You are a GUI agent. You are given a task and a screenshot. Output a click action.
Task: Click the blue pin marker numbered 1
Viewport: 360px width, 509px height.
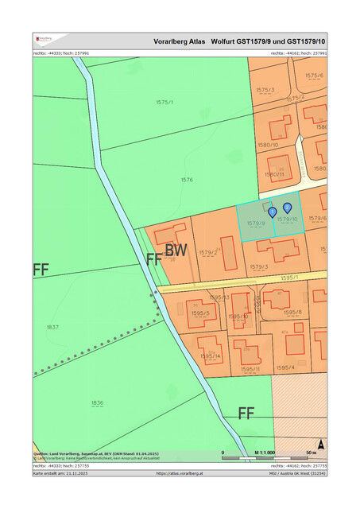(273, 212)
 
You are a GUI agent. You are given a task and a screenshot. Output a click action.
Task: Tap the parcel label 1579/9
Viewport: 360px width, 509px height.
(255, 223)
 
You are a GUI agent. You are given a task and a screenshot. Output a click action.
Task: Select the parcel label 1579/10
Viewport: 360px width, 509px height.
(288, 219)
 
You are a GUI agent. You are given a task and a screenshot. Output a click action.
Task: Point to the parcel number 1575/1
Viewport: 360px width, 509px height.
(165, 103)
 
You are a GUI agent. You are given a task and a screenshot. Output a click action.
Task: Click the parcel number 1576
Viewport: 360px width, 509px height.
(187, 180)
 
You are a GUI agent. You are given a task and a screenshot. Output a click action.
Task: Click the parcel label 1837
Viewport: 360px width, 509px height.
(52, 327)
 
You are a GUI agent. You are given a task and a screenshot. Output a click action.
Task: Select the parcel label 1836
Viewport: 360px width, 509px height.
(97, 403)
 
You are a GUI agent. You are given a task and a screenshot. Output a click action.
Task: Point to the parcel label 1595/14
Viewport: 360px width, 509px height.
(211, 356)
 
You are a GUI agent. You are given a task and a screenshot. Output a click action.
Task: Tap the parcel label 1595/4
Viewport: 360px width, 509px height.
(285, 367)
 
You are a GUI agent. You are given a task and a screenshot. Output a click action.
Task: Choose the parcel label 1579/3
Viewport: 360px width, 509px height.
(259, 266)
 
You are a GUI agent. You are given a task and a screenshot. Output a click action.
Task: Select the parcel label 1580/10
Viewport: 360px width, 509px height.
(269, 145)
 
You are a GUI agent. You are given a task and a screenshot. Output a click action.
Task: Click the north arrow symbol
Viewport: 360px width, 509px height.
(321, 445)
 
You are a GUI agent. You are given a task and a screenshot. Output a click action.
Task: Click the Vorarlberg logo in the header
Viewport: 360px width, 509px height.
(45, 40)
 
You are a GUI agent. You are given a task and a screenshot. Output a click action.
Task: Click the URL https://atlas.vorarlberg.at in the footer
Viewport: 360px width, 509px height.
(180, 473)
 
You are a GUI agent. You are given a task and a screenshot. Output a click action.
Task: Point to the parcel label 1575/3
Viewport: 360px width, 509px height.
(265, 90)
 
